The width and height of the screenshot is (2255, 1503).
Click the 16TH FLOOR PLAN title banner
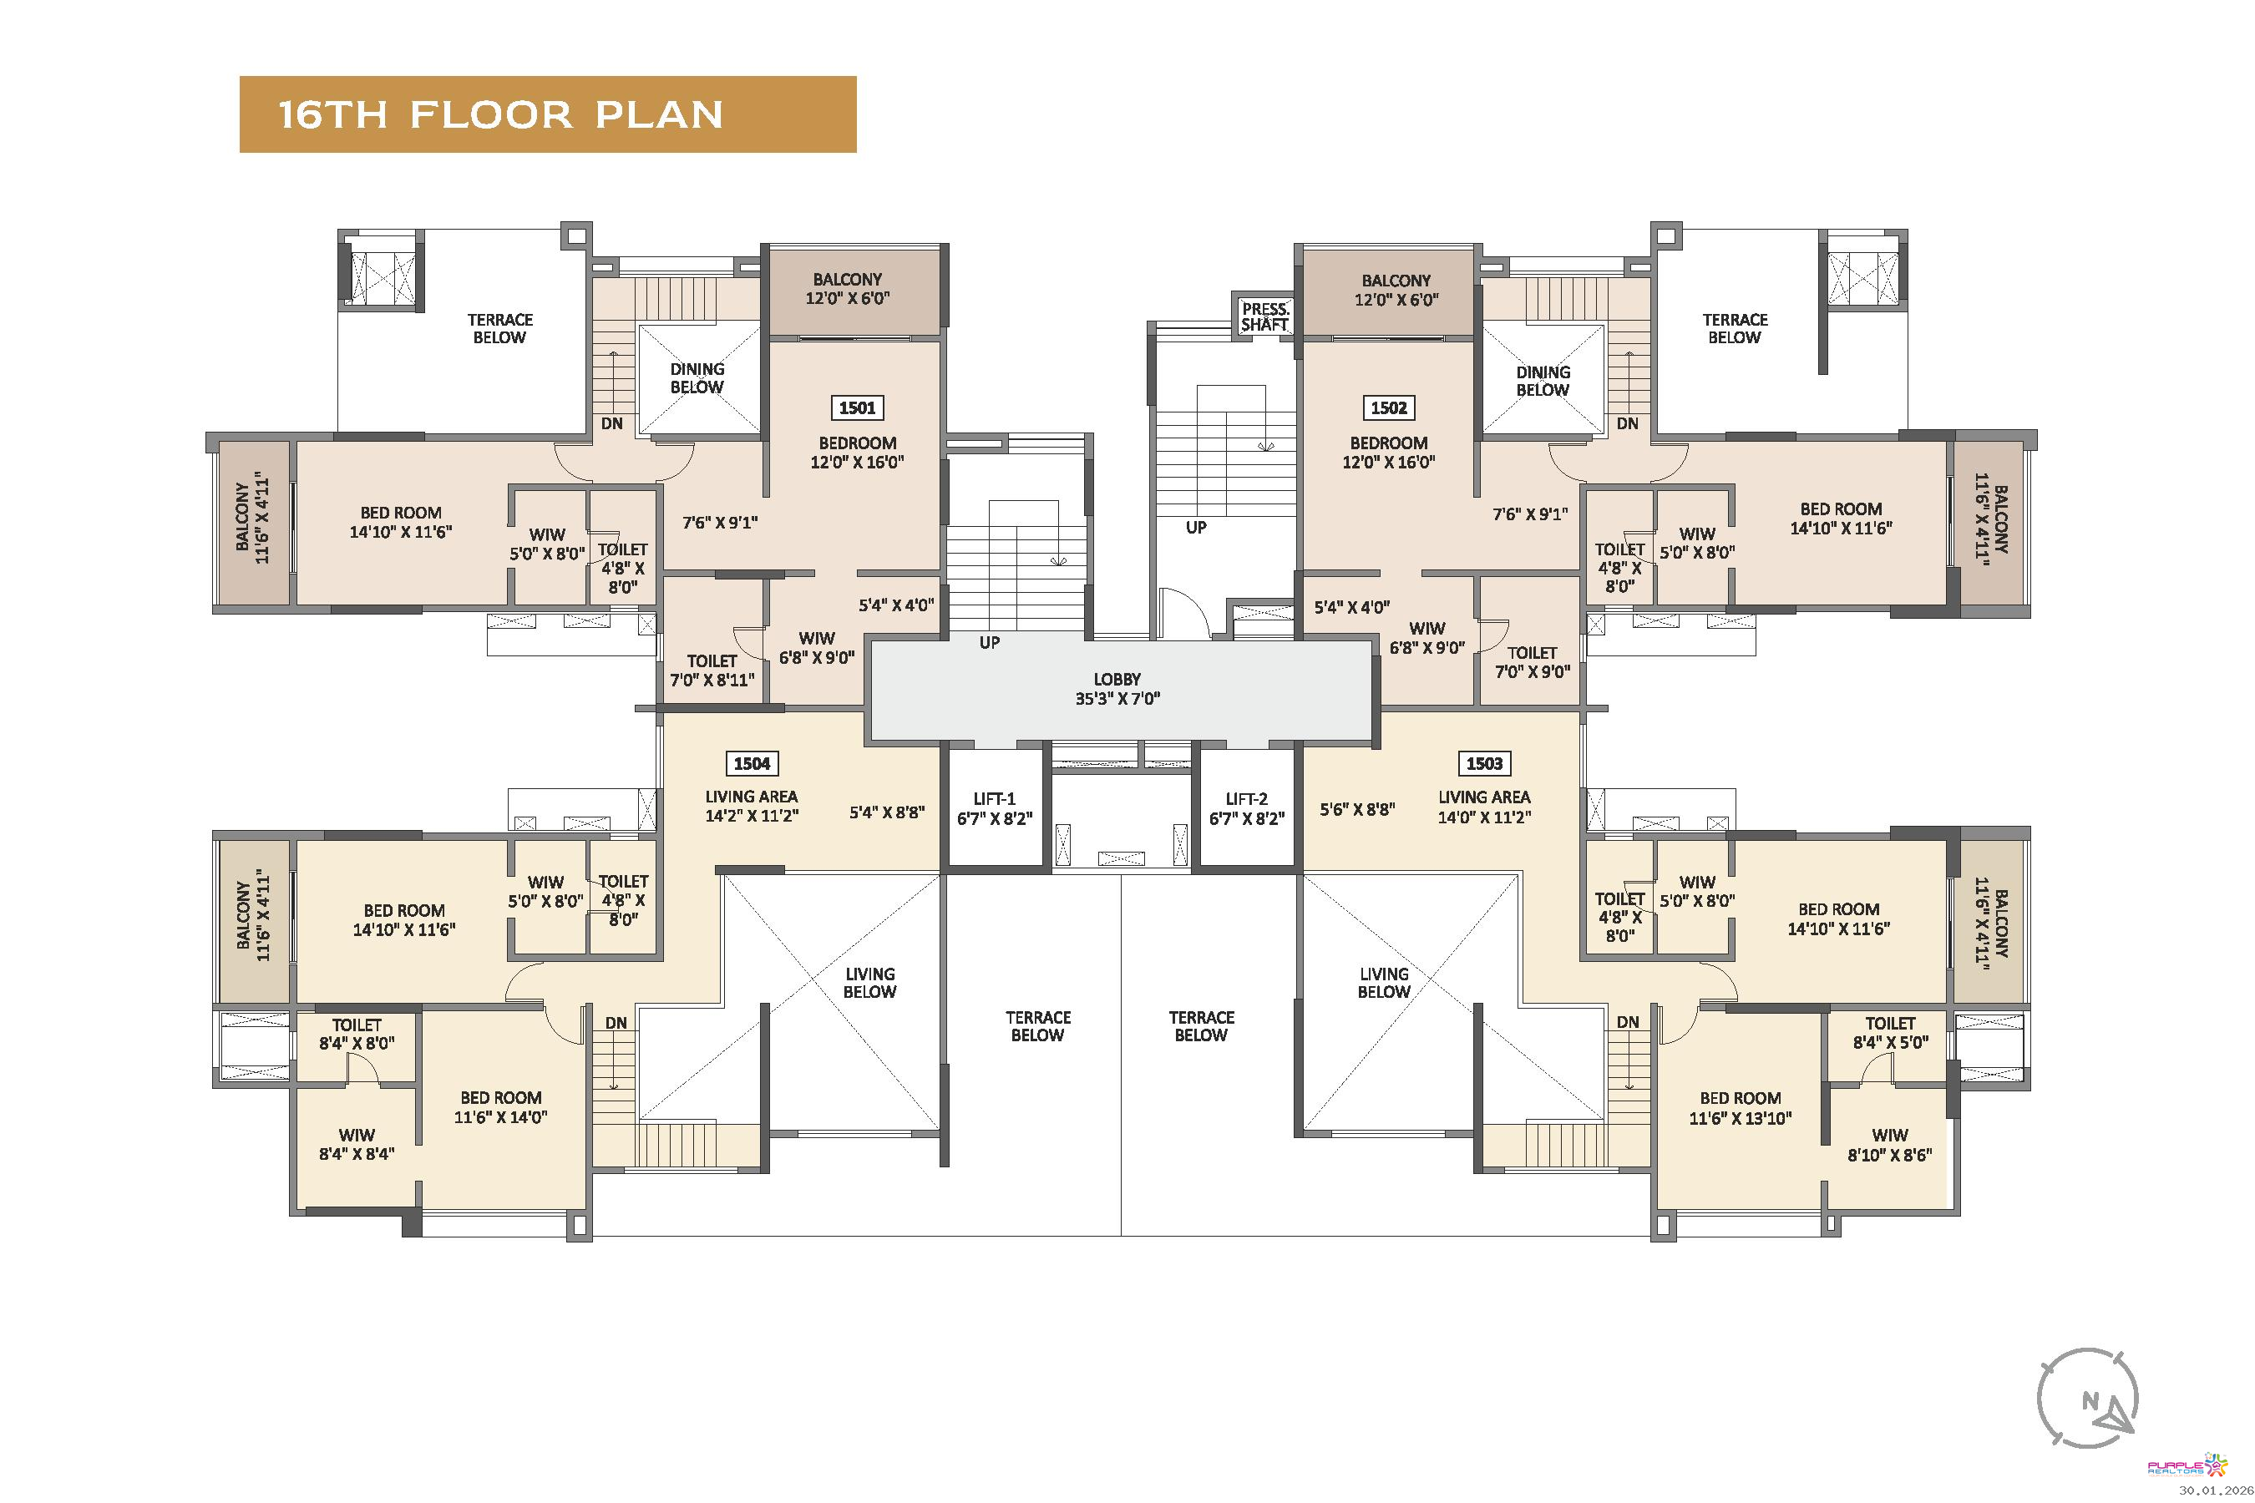tap(547, 114)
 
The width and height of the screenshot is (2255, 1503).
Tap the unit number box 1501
tap(857, 407)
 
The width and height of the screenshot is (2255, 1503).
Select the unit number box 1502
tap(1388, 407)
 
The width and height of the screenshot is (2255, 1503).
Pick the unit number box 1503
tap(1484, 763)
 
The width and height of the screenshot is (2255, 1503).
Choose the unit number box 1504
tap(752, 763)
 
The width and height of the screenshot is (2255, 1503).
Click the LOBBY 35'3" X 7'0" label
tap(1117, 689)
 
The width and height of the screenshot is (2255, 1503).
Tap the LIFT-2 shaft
tap(1246, 809)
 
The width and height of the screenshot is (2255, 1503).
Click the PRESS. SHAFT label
tap(1265, 316)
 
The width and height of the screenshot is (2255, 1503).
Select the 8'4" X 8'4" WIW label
tap(357, 1145)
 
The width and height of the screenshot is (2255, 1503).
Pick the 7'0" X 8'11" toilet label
tap(712, 670)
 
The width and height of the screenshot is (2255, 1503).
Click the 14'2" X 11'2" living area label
tap(752, 806)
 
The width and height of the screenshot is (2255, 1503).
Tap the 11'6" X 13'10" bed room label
tap(1741, 1108)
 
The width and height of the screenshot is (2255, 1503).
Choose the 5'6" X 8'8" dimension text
tap(1356, 809)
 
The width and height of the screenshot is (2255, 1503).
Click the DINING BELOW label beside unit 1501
tap(697, 377)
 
